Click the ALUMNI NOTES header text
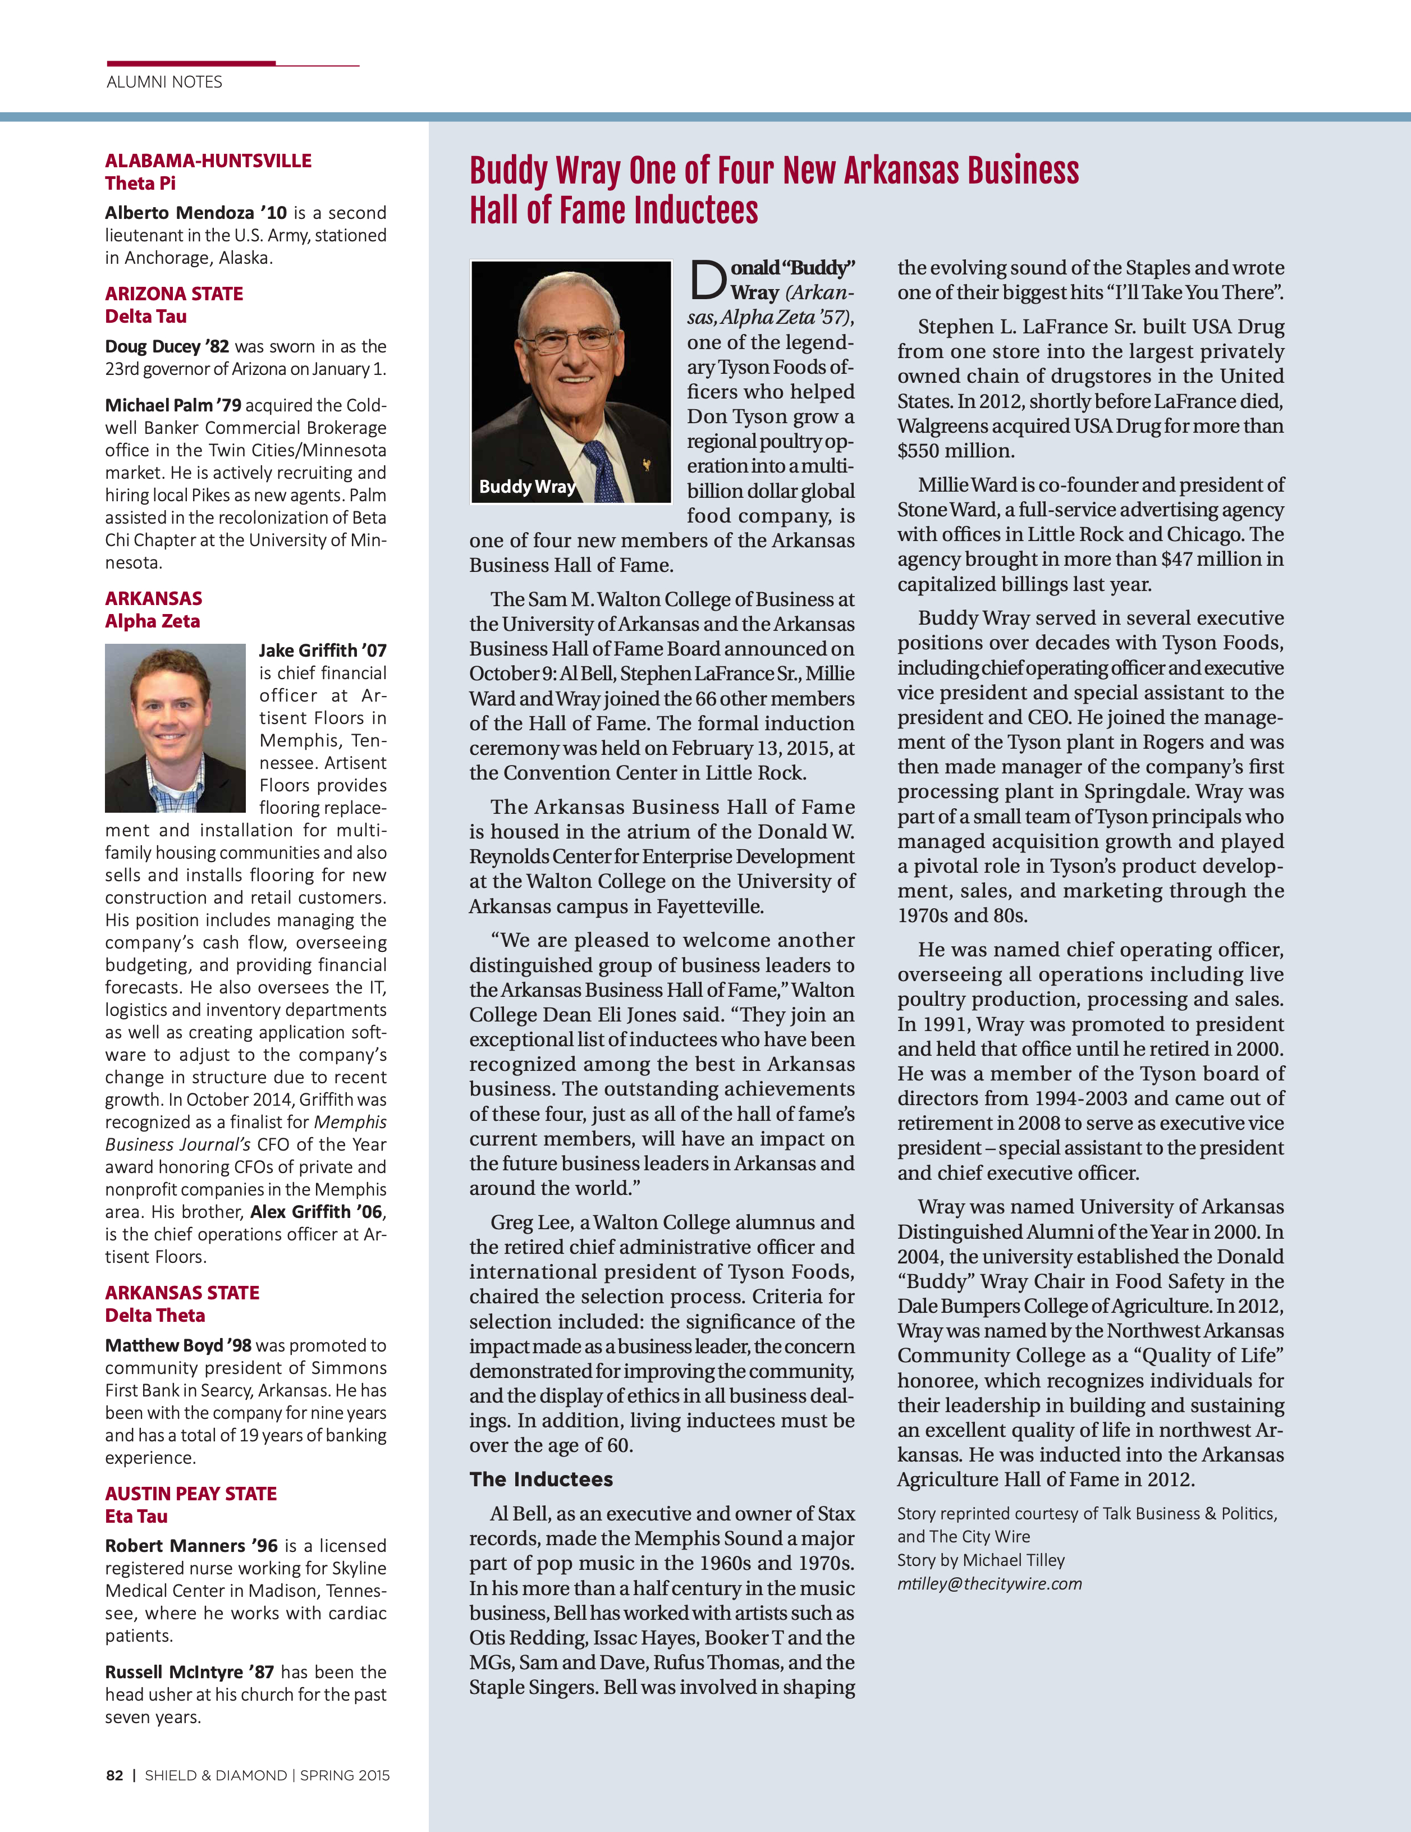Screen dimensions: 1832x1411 click(164, 82)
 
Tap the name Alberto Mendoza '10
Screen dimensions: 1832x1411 click(195, 213)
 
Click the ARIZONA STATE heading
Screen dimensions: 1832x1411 click(173, 294)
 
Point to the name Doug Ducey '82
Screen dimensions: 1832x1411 click(167, 346)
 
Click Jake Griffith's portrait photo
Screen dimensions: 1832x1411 click(175, 727)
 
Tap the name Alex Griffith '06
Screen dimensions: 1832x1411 click(316, 1211)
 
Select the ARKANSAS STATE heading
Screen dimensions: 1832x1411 click(182, 1293)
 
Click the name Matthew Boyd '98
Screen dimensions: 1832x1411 click(178, 1345)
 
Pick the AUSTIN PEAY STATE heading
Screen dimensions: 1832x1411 click(190, 1493)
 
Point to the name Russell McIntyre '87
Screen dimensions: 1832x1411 click(190, 1672)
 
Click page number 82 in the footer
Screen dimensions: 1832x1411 click(114, 1776)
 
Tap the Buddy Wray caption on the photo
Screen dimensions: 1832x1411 click(527, 487)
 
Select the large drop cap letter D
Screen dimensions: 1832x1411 click(707, 280)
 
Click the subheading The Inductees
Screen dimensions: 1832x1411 click(541, 1480)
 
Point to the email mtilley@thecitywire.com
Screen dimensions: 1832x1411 click(989, 1584)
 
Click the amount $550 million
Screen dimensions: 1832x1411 click(955, 451)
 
